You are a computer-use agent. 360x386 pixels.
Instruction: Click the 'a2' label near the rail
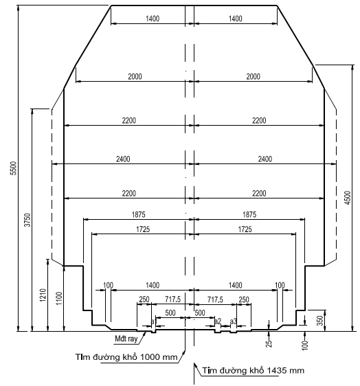click(x=217, y=321)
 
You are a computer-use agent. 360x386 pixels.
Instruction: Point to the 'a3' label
click(x=234, y=321)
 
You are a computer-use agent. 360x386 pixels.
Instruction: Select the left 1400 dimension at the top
click(x=153, y=19)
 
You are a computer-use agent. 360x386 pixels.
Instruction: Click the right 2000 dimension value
click(x=253, y=76)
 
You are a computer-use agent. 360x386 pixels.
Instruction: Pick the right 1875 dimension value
click(x=249, y=214)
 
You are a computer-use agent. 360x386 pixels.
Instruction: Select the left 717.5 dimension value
click(x=172, y=299)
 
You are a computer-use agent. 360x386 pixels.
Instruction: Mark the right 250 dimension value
click(x=243, y=299)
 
